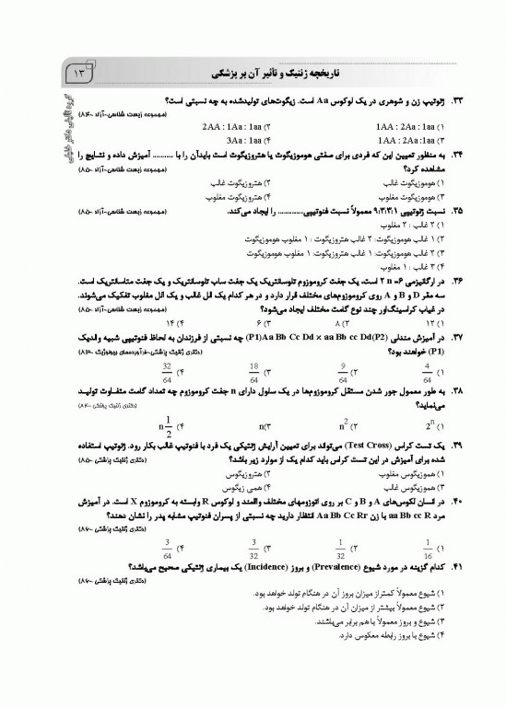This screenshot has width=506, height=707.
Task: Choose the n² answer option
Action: (341, 426)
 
